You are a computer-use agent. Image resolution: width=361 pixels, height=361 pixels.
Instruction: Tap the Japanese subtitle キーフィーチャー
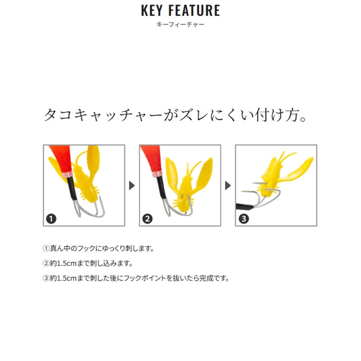[180, 24]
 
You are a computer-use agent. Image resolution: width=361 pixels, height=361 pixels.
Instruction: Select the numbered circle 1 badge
[51, 219]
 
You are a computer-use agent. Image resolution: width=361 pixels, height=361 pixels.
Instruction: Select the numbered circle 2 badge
[147, 219]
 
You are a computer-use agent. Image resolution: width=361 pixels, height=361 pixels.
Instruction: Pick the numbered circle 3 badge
[243, 219]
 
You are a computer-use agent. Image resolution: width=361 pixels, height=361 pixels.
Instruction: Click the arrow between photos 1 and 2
[132, 186]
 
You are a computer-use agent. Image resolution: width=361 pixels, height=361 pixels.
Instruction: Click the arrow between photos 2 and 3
[228, 186]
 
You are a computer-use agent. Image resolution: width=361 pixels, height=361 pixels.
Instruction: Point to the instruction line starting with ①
[99, 249]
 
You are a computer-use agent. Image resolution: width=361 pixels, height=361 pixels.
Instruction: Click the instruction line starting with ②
[88, 263]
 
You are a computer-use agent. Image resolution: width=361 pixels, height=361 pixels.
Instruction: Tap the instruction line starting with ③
[136, 278]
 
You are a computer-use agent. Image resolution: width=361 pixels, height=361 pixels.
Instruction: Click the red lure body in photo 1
[61, 159]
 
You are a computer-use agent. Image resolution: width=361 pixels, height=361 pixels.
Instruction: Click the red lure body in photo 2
[152, 159]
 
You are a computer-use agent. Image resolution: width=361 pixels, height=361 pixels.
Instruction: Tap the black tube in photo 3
[244, 206]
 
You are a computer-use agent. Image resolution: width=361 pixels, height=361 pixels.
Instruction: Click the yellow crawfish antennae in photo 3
[286, 157]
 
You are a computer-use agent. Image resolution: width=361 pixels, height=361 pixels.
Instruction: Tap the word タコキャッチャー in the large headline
[103, 115]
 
